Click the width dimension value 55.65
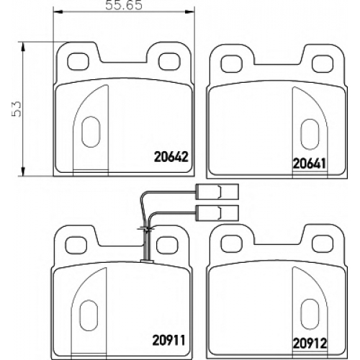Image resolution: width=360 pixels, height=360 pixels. point(124,6)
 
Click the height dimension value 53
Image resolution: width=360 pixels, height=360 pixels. point(17,109)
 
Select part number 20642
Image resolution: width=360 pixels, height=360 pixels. point(171,157)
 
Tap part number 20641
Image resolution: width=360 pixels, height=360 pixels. point(310,164)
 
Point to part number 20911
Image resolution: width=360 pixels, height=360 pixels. point(169,341)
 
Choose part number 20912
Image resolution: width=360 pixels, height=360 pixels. point(310,343)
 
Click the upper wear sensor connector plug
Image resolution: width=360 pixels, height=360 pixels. point(217,192)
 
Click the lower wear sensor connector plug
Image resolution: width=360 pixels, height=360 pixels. point(217,213)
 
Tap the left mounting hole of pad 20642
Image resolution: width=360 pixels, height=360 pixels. point(78,61)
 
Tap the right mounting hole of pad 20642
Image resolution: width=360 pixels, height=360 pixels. point(169,61)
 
